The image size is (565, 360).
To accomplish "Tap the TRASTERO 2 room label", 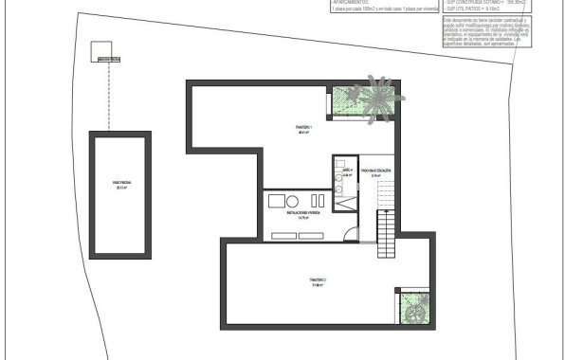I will (x=317, y=281).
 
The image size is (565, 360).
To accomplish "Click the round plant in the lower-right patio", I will (x=413, y=308).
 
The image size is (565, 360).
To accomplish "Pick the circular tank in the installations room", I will (x=293, y=200).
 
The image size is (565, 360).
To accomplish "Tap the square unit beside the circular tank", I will (x=276, y=200).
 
